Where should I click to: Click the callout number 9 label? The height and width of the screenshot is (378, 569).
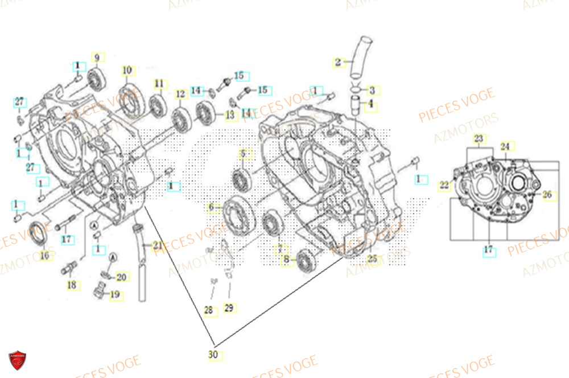click(96, 57)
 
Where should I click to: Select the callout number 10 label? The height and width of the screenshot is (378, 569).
click(127, 70)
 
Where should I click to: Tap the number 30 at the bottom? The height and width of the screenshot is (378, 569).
click(213, 354)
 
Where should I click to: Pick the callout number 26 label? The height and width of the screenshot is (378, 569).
click(547, 195)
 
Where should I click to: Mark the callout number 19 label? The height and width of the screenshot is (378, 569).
click(114, 294)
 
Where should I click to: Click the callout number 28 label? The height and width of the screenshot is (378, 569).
click(209, 310)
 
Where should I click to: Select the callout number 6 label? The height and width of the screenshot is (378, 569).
click(212, 208)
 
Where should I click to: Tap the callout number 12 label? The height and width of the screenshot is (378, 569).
click(180, 94)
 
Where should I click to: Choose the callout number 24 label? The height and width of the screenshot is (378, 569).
click(505, 146)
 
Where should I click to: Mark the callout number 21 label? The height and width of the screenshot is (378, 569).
click(155, 245)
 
